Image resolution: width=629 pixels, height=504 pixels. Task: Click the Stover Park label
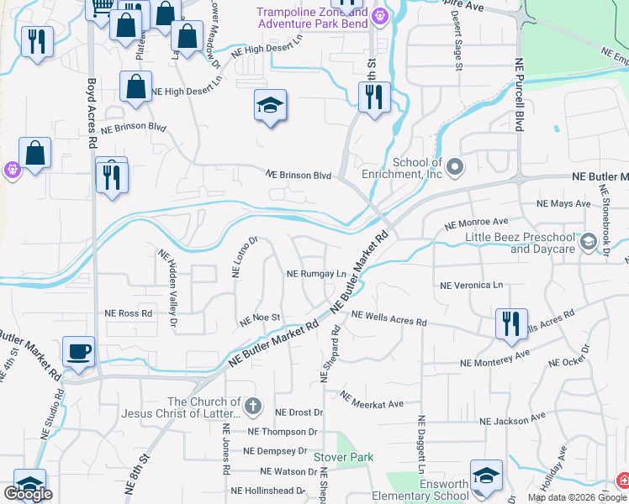click(x=343, y=457)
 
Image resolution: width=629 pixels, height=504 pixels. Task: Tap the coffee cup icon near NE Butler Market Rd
click(x=78, y=352)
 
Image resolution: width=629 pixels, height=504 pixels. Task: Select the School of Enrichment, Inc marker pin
click(x=455, y=167)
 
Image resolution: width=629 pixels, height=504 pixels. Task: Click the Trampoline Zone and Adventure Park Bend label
click(x=313, y=18)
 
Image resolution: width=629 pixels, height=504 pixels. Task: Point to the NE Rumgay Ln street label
click(x=316, y=274)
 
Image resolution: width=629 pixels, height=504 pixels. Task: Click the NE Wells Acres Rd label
click(x=389, y=318)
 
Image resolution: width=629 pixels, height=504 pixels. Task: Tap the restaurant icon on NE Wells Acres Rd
click(x=510, y=323)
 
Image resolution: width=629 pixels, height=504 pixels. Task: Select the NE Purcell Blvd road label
click(x=520, y=97)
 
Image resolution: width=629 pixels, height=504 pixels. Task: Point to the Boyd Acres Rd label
click(x=91, y=113)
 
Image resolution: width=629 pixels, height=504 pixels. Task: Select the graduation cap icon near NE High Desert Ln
click(x=270, y=106)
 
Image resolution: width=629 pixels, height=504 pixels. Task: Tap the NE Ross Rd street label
click(x=128, y=313)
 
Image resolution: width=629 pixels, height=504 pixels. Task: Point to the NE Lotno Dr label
click(x=244, y=257)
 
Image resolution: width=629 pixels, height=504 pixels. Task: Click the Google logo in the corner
click(x=28, y=494)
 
